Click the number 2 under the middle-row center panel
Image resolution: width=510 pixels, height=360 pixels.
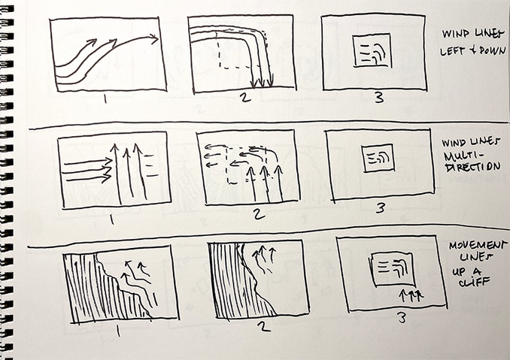pos(258,216)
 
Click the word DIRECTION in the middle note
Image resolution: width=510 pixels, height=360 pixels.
pos(471,166)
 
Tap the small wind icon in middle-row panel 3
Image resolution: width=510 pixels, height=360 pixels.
pos(375,159)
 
